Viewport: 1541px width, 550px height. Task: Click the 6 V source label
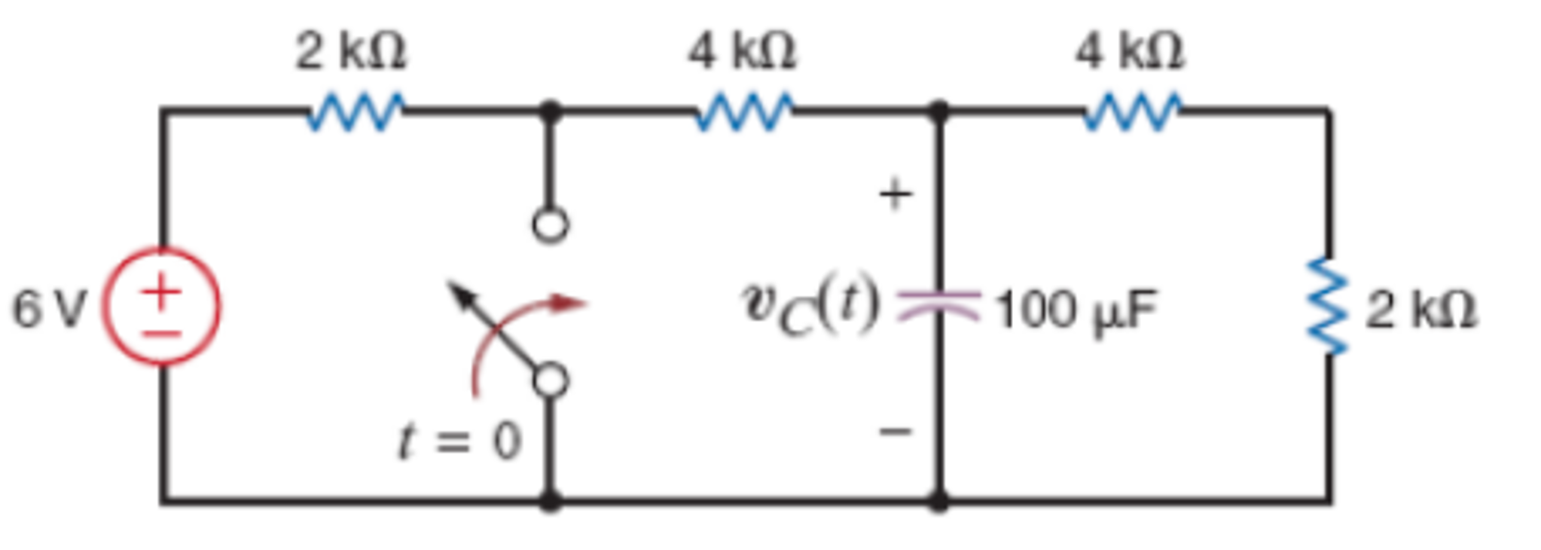50,309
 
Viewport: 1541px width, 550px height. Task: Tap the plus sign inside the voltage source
161,290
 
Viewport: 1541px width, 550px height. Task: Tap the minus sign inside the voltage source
161,332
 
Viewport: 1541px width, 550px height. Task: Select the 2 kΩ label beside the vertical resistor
1420,309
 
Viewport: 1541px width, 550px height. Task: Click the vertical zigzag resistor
1328,306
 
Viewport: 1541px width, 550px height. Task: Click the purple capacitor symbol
938,306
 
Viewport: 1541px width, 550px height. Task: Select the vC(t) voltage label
810,306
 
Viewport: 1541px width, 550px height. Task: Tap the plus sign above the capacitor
896,195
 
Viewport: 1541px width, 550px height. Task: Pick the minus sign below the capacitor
896,431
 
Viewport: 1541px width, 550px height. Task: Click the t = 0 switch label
459,440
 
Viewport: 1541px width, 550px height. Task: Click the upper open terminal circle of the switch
550,225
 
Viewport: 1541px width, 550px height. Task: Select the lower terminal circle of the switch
551,380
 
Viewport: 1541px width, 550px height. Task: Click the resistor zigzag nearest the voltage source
355,112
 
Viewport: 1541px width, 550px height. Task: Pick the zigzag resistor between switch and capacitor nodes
744,112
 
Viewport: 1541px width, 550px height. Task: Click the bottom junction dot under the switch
551,500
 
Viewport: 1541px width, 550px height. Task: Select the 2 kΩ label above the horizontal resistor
351,51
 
